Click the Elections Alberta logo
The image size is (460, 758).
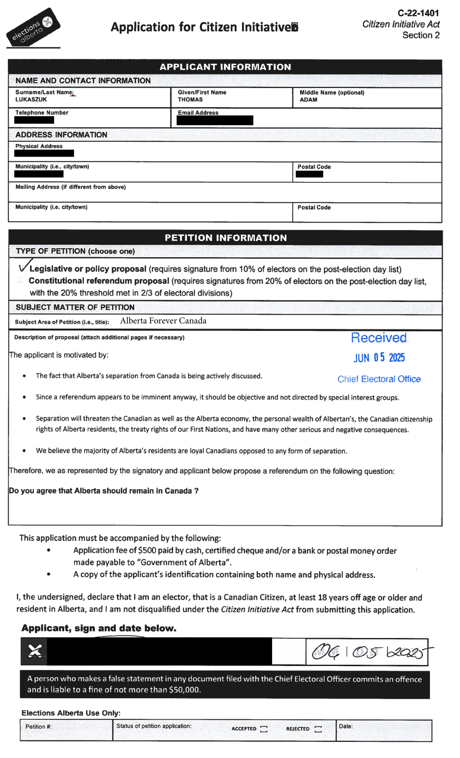33,28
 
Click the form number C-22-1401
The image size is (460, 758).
418,13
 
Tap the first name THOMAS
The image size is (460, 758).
190,99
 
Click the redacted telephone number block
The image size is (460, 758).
34,120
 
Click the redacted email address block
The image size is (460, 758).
215,120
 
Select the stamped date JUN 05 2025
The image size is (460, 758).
379,358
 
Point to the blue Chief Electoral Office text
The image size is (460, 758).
379,379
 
